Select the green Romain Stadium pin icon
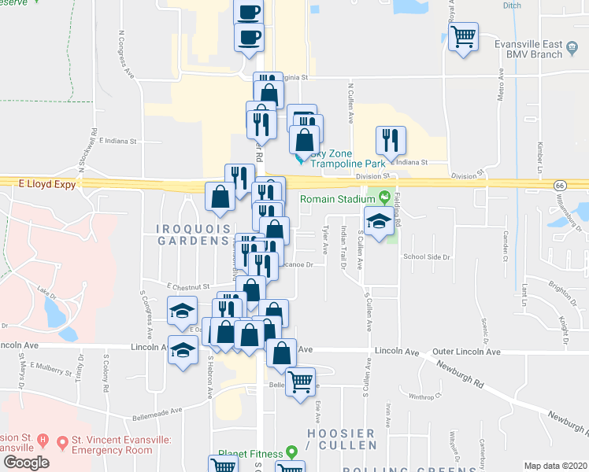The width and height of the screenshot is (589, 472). pyautogui.click(x=384, y=197)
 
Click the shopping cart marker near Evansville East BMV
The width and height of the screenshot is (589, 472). pyautogui.click(x=463, y=36)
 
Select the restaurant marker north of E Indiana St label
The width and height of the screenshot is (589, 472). pyautogui.click(x=390, y=141)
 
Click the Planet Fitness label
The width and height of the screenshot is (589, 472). pyautogui.click(x=251, y=452)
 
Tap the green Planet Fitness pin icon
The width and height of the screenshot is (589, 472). pyautogui.click(x=291, y=452)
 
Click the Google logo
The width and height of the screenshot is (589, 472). pyautogui.click(x=26, y=463)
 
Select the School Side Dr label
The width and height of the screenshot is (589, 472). pyautogui.click(x=426, y=257)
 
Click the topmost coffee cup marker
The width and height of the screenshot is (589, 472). pyautogui.click(x=248, y=12)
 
